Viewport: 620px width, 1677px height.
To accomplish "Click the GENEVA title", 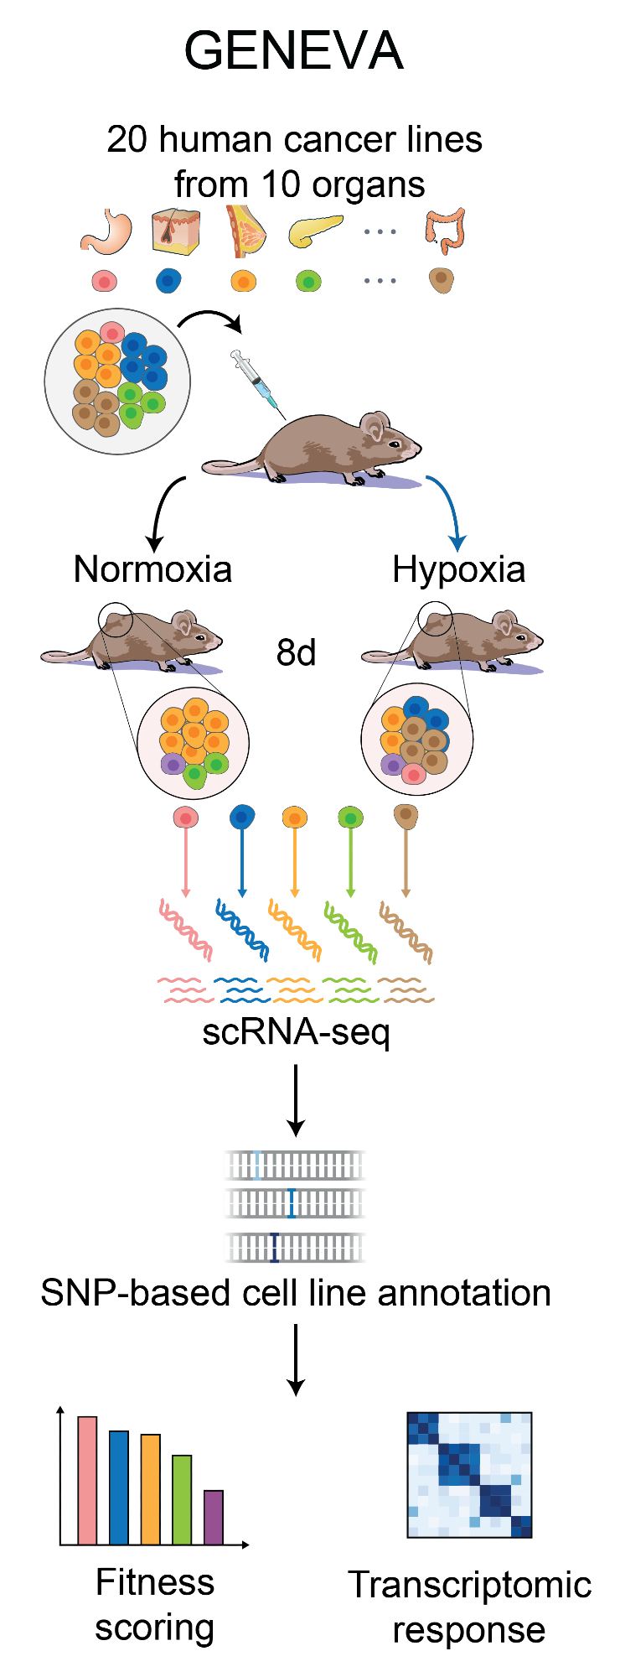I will (x=294, y=50).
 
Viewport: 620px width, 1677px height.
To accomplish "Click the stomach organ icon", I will (x=108, y=231).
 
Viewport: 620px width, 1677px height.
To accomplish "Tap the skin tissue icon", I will (x=175, y=231).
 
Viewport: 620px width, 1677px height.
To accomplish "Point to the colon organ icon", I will (x=445, y=231).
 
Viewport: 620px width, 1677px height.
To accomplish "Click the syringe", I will (x=257, y=382).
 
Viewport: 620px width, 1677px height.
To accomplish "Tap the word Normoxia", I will (x=152, y=569).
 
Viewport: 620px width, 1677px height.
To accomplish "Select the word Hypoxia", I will (x=459, y=569).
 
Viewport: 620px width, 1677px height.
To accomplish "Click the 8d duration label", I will (x=296, y=652).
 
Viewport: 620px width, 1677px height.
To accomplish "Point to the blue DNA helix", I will (x=242, y=929).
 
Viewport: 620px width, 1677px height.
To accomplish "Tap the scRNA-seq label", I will (x=296, y=1031).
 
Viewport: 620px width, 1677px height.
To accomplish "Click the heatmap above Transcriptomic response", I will (x=469, y=1474).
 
